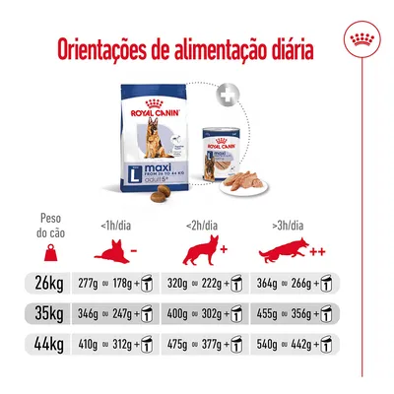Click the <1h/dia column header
pos(116,225)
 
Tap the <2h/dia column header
pos(204,225)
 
